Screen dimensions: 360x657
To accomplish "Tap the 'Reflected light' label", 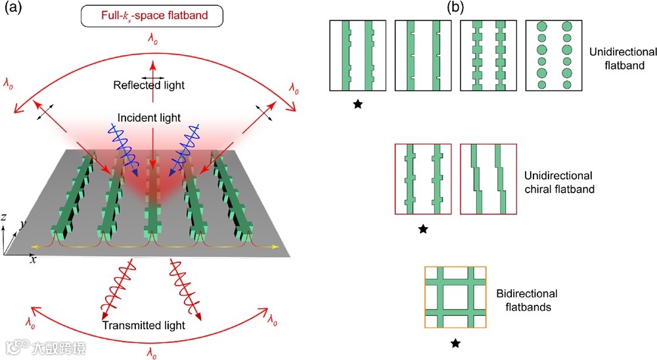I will tap(149, 85).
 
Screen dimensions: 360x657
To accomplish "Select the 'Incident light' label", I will tap(149, 118).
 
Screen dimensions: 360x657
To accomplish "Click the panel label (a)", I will tap(11, 9).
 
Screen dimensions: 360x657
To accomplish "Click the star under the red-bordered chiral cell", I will tap(424, 229).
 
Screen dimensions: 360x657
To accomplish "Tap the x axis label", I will tap(32, 259).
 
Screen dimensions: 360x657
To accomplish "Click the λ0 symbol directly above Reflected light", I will tap(153, 40).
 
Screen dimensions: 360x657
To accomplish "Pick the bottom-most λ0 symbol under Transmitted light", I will tap(152, 354).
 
